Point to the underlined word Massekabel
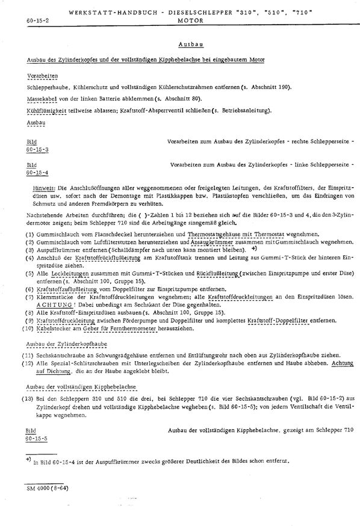(x=40, y=98)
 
